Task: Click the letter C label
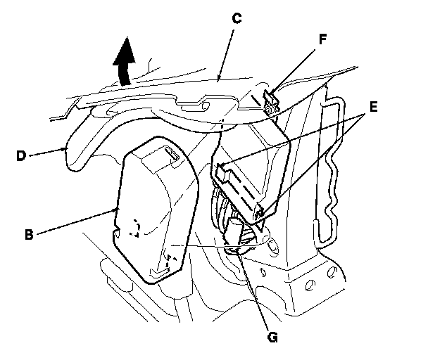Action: pos(237,18)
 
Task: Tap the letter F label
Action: pos(322,41)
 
